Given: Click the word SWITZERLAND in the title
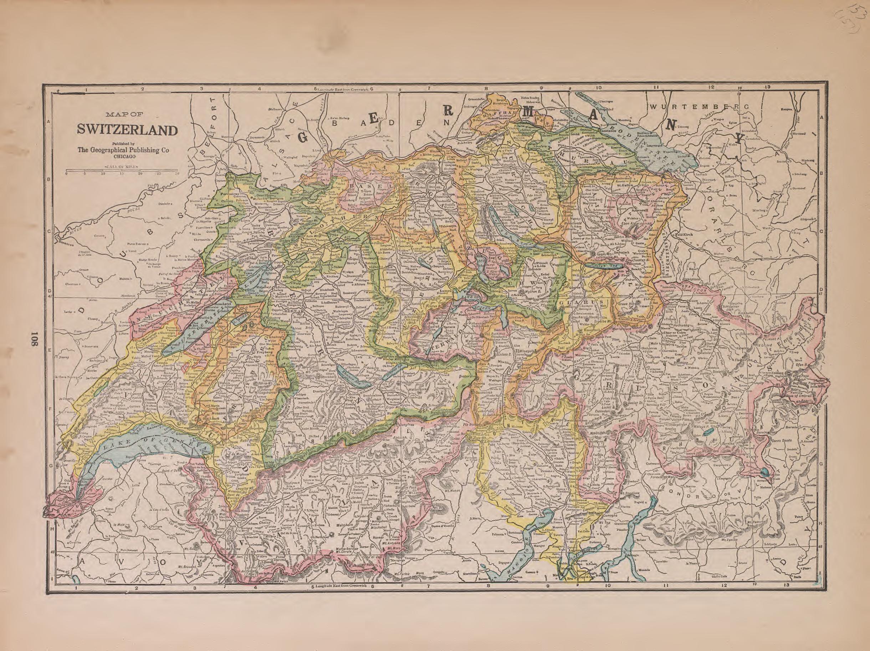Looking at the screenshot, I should point(127,130).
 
